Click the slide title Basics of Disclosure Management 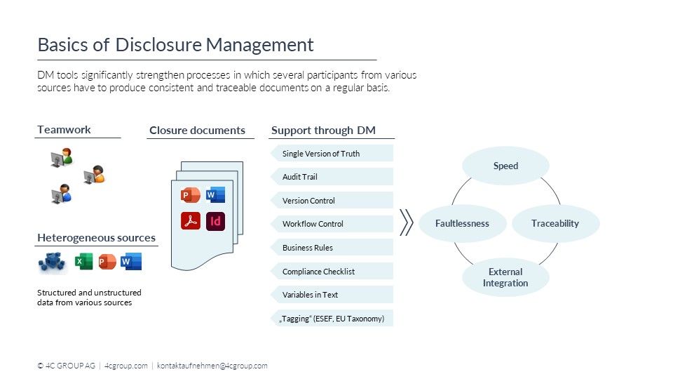coord(175,45)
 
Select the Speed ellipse coord(505,166)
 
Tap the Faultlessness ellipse coord(462,223)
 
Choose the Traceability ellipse coord(555,223)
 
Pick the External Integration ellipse coord(505,277)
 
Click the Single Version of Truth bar coord(331,153)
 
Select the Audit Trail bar coord(331,177)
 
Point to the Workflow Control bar coord(331,224)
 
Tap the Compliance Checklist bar coord(331,272)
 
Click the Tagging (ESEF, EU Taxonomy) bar coord(331,319)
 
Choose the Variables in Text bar coord(331,295)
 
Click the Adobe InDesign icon coord(216,221)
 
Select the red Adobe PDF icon coord(191,221)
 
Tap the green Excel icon coord(83,262)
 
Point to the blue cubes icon coord(52,262)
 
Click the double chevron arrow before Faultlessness coord(406,223)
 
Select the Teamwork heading coord(64,130)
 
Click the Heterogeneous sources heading coord(96,238)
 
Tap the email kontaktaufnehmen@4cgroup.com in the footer coord(212,366)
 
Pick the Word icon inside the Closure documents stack coord(215,194)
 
